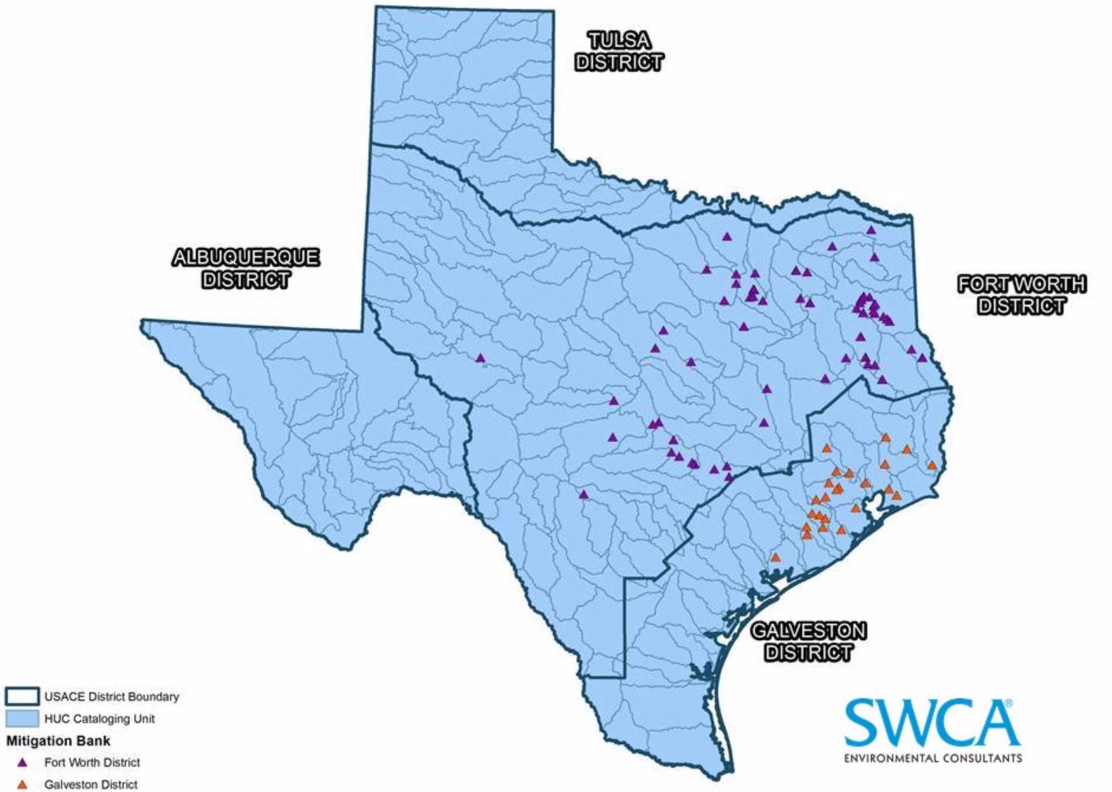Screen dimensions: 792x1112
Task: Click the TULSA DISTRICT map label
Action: coord(619,51)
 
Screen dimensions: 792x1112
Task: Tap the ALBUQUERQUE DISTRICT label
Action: coord(246,268)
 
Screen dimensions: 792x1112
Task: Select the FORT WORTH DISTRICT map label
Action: coord(1021,295)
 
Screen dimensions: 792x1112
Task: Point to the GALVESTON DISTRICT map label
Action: coord(809,641)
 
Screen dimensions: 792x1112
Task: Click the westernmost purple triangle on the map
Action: coord(480,358)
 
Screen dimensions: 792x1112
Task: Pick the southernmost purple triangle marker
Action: coord(584,495)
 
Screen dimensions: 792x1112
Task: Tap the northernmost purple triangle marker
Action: coord(871,230)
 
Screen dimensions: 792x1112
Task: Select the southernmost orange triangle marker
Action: coord(775,557)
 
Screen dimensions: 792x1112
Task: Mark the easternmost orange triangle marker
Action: coord(932,465)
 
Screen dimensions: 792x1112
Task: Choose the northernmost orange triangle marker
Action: coord(885,437)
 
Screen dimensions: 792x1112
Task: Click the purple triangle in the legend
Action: coord(23,763)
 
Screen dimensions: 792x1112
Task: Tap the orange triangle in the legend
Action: coord(23,784)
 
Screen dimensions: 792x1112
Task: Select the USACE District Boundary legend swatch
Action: coord(22,697)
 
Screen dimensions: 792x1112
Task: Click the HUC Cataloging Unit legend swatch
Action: coord(22,719)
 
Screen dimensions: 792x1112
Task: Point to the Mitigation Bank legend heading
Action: coord(58,741)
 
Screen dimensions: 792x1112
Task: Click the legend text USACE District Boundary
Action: coord(111,697)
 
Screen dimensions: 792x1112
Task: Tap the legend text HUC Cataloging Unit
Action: coord(99,719)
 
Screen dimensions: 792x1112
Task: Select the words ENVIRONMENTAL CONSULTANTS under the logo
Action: coord(932,759)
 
